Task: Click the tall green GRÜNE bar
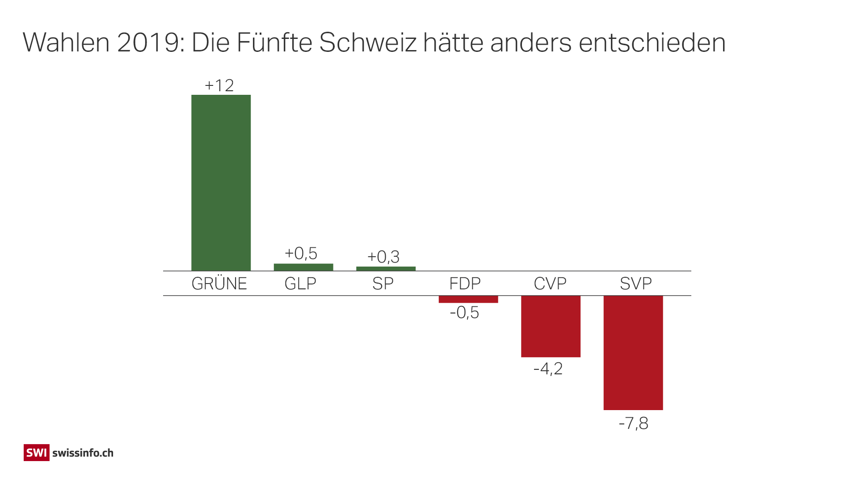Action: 221,182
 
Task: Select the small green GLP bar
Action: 303,267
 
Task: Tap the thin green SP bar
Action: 386,269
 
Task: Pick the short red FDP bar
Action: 468,299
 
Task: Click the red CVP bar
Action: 551,326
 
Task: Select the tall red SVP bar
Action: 633,352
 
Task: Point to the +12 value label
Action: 219,85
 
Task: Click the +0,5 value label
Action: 301,254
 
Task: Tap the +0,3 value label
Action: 383,257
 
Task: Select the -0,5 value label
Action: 464,313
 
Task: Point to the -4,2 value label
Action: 548,369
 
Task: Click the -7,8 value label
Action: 633,424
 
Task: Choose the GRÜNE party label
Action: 219,284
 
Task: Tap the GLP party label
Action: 300,284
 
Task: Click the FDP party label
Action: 465,284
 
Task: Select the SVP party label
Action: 635,284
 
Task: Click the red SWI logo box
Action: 36,453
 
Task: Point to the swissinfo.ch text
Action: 83,453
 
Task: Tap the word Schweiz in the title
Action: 367,43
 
